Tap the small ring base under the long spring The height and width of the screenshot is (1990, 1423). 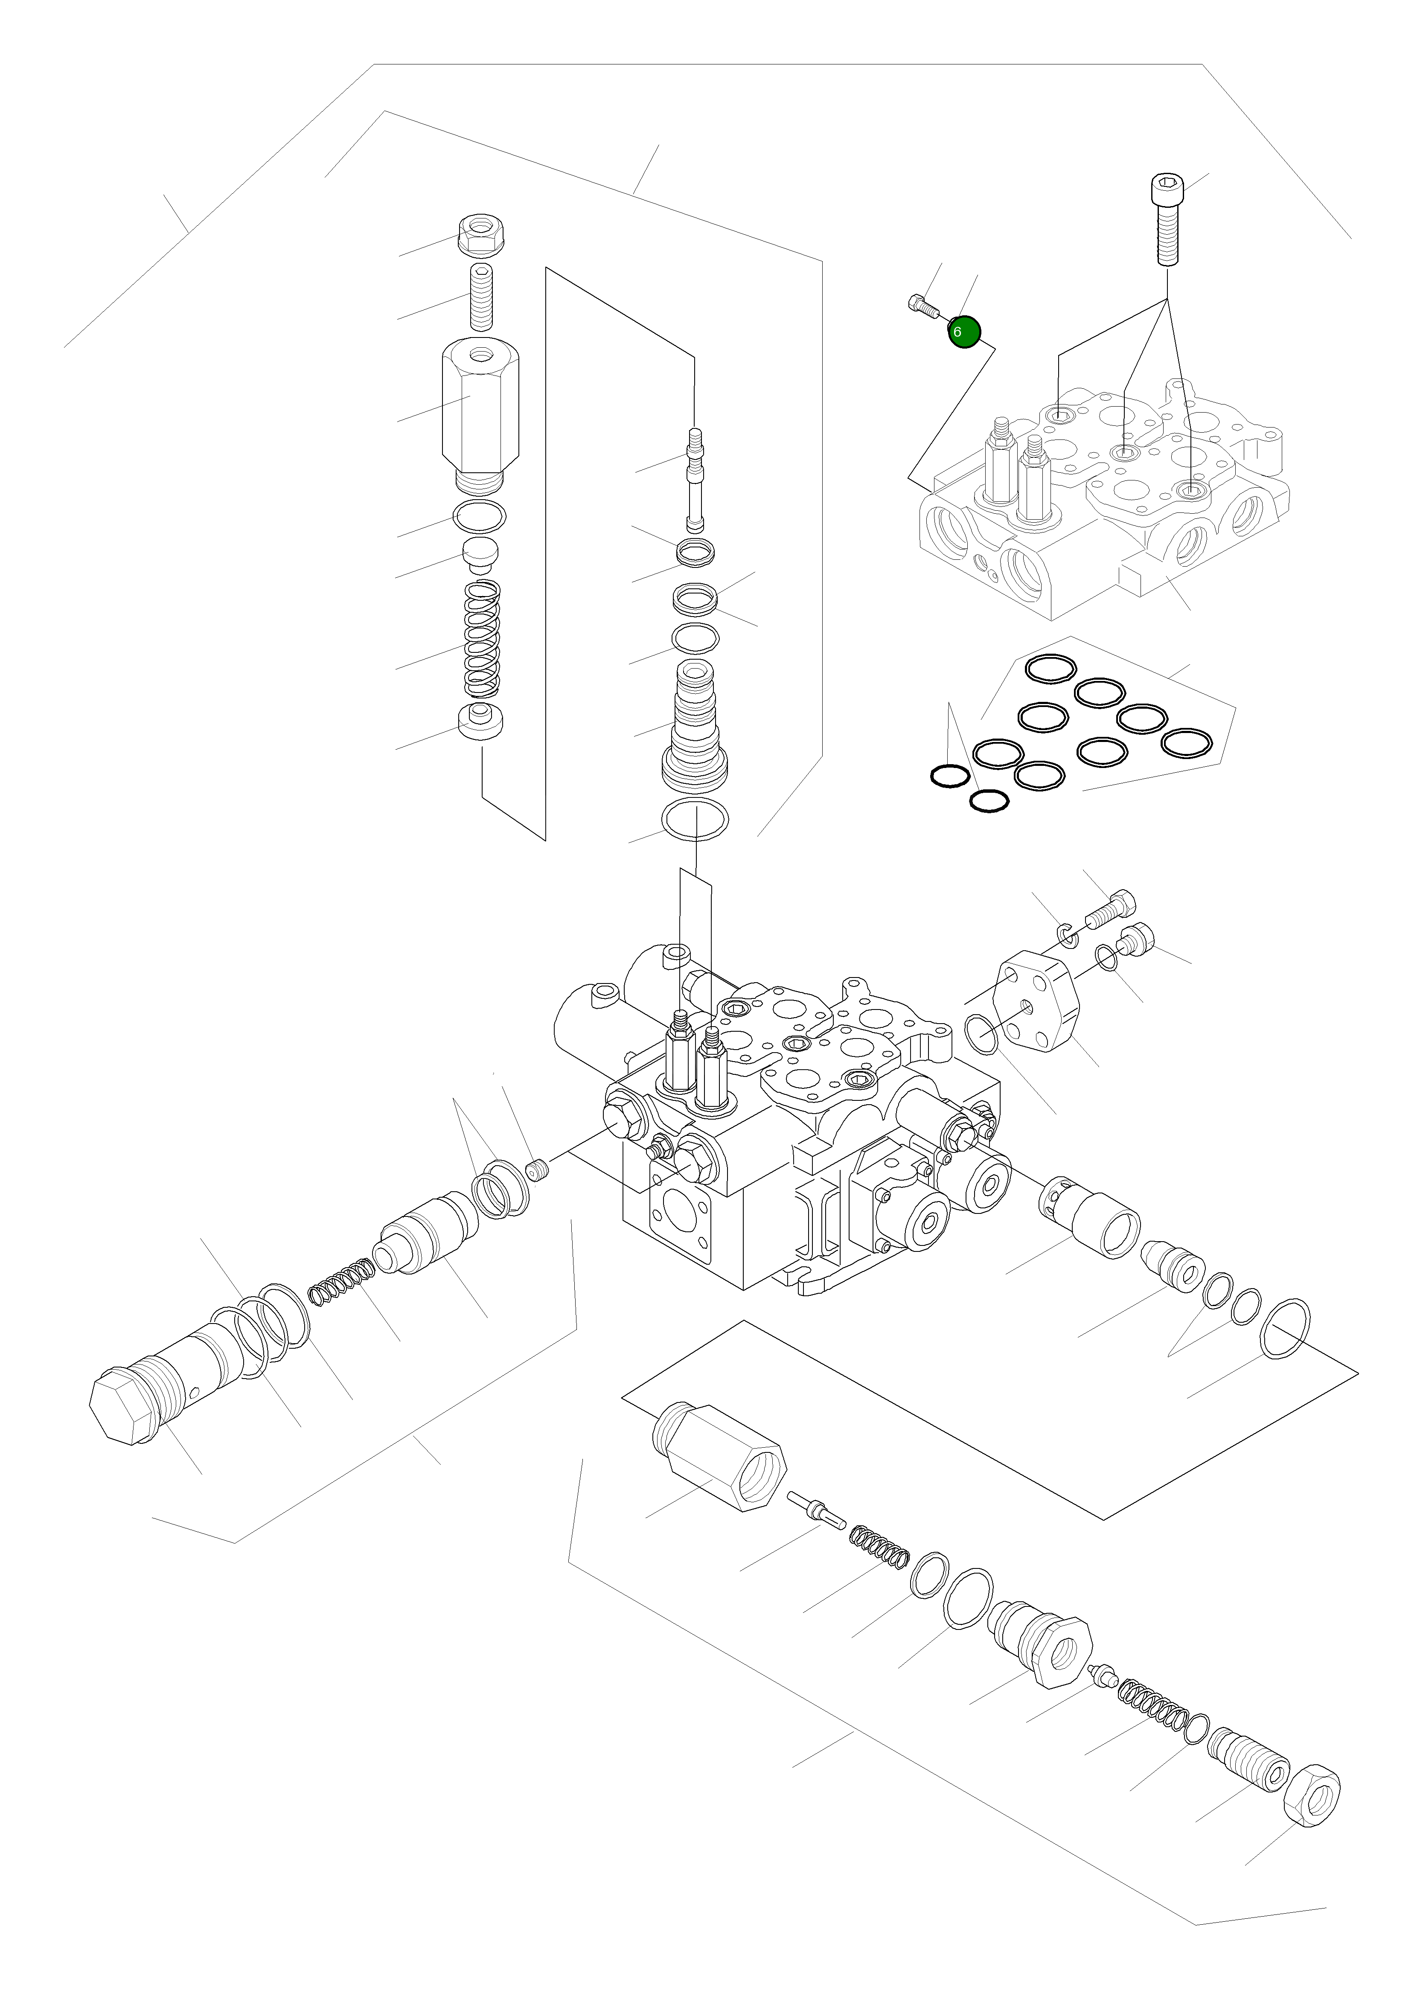coord(481,722)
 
